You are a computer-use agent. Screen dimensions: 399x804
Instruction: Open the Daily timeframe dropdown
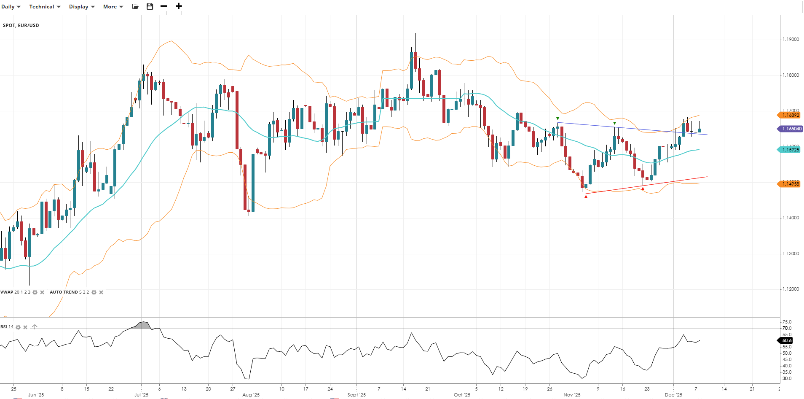click(11, 7)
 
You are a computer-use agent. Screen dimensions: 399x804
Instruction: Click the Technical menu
click(45, 7)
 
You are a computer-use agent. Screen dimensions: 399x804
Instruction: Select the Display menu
click(82, 7)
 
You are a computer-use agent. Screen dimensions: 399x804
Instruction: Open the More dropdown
click(113, 7)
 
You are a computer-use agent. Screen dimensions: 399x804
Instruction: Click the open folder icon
click(135, 6)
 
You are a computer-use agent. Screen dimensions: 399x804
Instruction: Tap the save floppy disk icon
click(150, 6)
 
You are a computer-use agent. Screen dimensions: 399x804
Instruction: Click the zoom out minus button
click(164, 6)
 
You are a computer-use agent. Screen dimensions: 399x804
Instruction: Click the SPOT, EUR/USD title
click(21, 25)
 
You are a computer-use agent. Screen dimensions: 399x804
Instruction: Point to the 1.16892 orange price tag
click(790, 115)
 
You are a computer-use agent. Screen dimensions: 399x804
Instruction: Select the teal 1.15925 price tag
click(790, 150)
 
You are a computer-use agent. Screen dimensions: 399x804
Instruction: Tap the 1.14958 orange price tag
click(790, 184)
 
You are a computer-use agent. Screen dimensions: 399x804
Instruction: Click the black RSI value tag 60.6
click(786, 340)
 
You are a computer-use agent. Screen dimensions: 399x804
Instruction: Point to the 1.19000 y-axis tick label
click(791, 39)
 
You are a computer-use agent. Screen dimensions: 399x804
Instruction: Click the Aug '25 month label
click(251, 395)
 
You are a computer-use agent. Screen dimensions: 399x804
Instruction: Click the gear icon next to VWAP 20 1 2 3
click(35, 292)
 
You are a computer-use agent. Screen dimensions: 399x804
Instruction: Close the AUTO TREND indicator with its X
click(101, 292)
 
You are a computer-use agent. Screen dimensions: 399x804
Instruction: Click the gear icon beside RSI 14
click(18, 327)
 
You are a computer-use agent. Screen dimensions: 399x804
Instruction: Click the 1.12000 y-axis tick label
click(791, 289)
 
